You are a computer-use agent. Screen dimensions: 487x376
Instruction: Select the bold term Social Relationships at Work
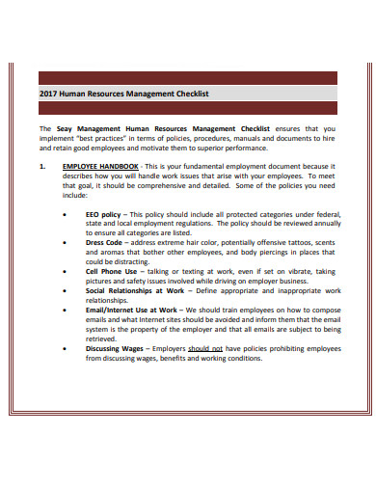pos(134,291)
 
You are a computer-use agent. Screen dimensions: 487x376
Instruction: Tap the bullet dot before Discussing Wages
pos(64,349)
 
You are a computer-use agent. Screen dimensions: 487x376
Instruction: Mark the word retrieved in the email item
pos(103,339)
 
